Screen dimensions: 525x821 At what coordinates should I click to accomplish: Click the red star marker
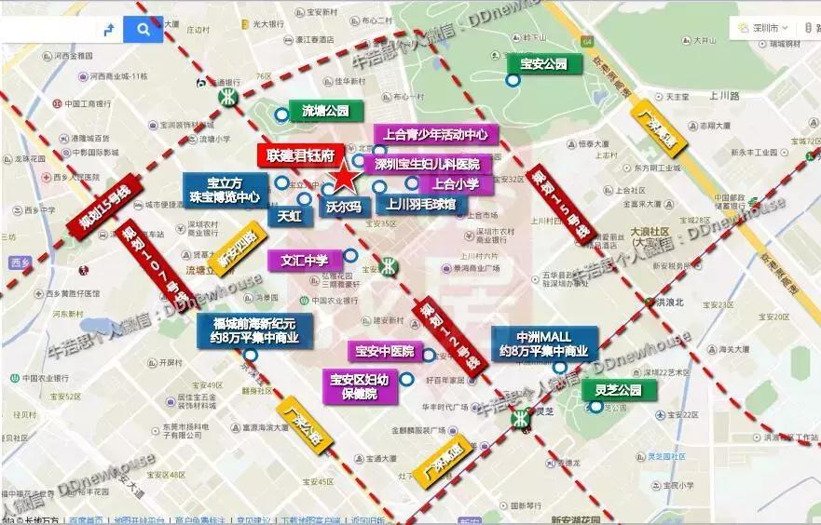click(x=344, y=176)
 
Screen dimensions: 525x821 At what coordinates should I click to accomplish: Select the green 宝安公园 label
click(x=544, y=64)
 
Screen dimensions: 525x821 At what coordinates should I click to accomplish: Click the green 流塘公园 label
click(x=325, y=111)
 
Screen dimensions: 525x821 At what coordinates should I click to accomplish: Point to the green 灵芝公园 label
click(x=619, y=390)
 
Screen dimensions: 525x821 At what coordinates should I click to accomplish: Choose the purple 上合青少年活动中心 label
click(x=436, y=134)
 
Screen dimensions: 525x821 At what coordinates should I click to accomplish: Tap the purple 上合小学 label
click(x=456, y=184)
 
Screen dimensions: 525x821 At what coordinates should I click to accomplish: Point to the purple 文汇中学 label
click(x=304, y=260)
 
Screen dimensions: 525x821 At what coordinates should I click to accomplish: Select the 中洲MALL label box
click(x=544, y=343)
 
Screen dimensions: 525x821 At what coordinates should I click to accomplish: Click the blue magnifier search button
click(x=143, y=30)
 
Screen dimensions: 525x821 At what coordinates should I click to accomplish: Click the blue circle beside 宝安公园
click(x=513, y=81)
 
